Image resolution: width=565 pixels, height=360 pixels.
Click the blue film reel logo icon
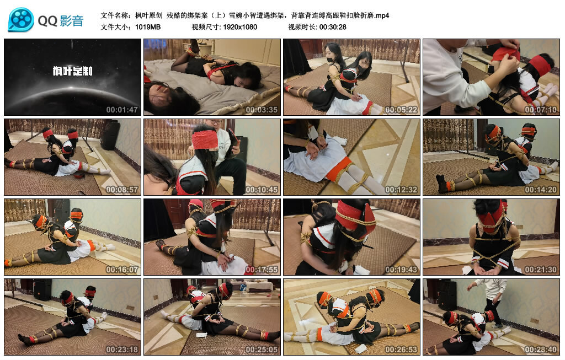pos(21,20)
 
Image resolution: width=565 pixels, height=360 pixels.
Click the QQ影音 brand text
pos(61,21)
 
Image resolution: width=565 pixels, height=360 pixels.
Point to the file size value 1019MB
pos(148,27)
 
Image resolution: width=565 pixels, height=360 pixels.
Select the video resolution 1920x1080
pos(240,27)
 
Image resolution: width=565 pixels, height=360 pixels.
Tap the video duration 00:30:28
pos(333,27)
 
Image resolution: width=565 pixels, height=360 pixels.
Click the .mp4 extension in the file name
pos(382,15)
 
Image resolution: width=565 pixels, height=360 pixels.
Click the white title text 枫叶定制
pos(72,71)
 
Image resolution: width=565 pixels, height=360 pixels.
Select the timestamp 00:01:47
pos(122,110)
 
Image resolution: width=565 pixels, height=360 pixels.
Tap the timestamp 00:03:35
pos(262,110)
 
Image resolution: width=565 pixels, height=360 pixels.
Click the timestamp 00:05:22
pos(401,110)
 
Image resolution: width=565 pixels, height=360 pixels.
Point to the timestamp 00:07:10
pos(541,110)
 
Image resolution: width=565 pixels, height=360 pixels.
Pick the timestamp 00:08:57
pos(122,190)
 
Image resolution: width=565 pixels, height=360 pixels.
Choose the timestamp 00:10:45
pos(262,190)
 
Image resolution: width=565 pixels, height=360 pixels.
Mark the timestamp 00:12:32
pos(401,190)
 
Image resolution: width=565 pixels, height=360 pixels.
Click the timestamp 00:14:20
pos(541,190)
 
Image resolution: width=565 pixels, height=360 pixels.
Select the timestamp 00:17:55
pos(262,270)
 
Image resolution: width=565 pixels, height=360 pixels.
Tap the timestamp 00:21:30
pos(541,270)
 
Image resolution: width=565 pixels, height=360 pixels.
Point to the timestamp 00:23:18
pos(122,350)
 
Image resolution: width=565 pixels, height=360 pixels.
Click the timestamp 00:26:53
pos(401,350)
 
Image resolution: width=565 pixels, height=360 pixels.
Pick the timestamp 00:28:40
pos(541,350)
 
